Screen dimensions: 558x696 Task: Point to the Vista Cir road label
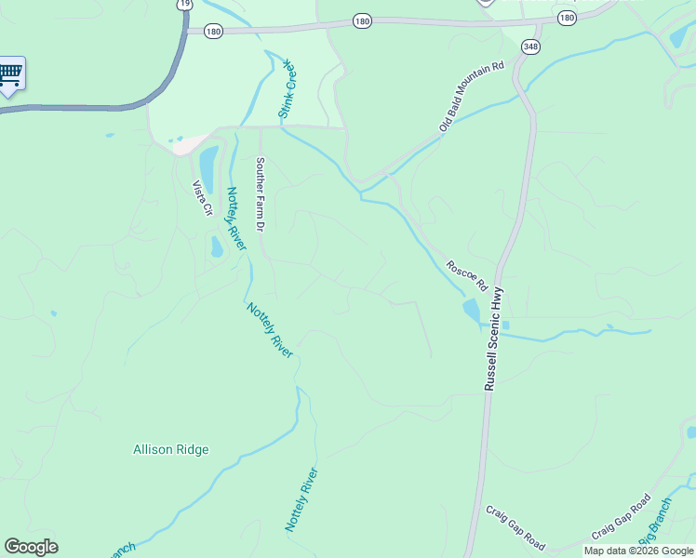pos(202,197)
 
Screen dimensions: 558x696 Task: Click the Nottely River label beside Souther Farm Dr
pos(235,219)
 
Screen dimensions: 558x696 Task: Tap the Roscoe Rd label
pos(466,272)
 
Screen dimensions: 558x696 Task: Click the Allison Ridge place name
pos(171,449)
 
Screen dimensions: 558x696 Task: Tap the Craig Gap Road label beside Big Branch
pos(621,518)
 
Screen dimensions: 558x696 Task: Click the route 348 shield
pos(530,47)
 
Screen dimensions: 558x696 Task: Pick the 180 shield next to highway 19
pos(214,31)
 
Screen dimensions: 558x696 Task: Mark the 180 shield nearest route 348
pos(567,18)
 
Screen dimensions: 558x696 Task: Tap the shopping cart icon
pos(10,73)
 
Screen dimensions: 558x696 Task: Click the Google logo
pos(31,547)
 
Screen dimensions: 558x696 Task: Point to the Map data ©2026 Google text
pos(638,551)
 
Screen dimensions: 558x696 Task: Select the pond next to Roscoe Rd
pos(472,310)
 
